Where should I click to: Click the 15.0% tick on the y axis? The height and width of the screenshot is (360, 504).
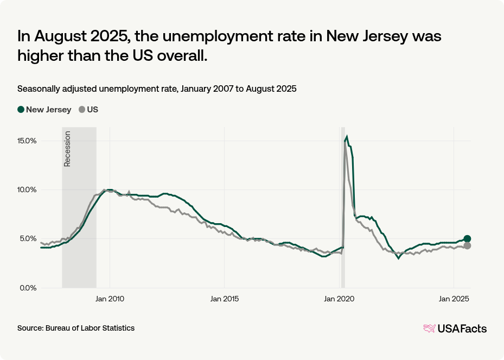[x=27, y=141]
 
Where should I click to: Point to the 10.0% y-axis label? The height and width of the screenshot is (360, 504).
[x=27, y=190]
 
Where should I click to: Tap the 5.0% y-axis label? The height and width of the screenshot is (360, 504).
[x=28, y=238]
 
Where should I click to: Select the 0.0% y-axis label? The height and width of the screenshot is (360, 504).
[x=28, y=288]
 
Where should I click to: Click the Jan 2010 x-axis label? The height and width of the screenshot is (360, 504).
[x=110, y=299]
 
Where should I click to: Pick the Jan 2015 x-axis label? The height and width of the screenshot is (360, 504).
[x=224, y=299]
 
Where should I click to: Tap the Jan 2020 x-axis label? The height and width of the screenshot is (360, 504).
[x=339, y=299]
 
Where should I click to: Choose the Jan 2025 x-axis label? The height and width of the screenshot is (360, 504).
[x=454, y=299]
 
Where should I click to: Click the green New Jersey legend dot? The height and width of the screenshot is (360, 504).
[x=21, y=110]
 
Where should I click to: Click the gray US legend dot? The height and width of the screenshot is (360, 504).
[x=82, y=110]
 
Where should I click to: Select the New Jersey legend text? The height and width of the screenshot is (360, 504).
[x=48, y=110]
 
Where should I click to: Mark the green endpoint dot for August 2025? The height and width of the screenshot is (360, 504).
[x=467, y=238]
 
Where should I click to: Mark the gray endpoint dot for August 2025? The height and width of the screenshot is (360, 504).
[x=467, y=246]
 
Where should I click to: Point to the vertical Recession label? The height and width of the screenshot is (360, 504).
[x=67, y=149]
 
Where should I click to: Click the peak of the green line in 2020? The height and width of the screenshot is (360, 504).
[x=347, y=137]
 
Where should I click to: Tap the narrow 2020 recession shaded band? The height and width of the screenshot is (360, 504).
[x=342, y=217]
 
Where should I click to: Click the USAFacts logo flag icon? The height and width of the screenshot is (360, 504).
[x=429, y=329]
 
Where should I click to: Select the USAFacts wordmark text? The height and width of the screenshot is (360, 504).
[x=462, y=329]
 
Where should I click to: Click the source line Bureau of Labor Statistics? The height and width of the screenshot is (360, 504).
[x=76, y=328]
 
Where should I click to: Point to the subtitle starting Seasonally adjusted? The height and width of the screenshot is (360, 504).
[x=157, y=89]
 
